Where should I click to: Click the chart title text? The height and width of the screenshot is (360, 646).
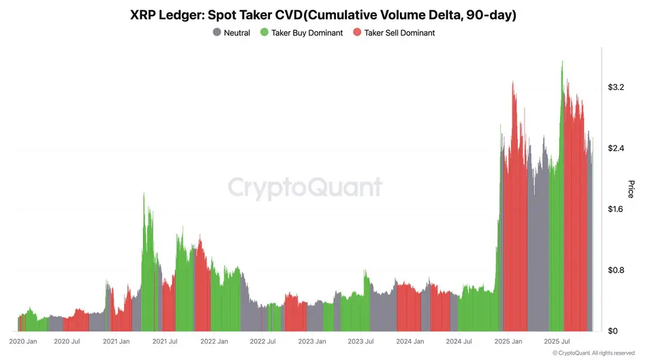point(323,15)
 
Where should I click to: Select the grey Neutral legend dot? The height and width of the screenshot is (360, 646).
point(217,33)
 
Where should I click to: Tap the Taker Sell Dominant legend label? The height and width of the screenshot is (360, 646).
point(399,33)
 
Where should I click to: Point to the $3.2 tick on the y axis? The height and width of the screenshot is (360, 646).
point(615,87)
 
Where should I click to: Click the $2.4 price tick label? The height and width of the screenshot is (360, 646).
point(615,148)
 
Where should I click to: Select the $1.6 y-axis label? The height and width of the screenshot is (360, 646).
point(615,209)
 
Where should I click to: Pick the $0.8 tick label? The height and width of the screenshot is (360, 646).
point(615,270)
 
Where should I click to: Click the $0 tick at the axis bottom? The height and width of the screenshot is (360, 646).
point(613,331)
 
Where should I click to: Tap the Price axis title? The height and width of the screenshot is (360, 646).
point(630,189)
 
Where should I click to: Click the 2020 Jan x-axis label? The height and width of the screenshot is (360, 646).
point(22,341)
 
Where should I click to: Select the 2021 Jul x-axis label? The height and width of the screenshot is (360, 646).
point(165,341)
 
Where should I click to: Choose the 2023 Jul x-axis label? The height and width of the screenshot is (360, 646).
point(360,341)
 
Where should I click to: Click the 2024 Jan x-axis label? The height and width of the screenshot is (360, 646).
point(410,341)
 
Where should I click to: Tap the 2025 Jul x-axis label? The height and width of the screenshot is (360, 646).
point(557,341)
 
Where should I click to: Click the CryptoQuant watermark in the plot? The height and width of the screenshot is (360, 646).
point(305,187)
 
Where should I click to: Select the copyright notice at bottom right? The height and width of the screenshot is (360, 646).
point(593,352)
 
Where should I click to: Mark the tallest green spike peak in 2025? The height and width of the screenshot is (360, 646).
point(562,62)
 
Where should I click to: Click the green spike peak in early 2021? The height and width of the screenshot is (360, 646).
point(144,194)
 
